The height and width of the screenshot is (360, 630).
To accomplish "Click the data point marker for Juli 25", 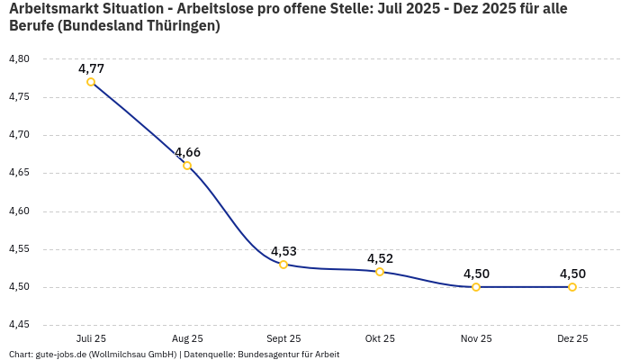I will coord(91,82).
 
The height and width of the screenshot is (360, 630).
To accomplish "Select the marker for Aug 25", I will coord(187,166).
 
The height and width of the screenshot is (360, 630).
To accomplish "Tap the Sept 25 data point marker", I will coord(283,265).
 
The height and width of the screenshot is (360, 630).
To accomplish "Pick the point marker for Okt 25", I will coord(380,272).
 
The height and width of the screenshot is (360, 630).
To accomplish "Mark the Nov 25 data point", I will coord(476,287).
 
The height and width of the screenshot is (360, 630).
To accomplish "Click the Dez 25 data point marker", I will coord(572,287).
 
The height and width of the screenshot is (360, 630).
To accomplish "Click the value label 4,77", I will coord(91,68).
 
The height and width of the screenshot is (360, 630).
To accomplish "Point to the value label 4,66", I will coord(187,152).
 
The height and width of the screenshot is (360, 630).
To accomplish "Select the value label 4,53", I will coord(283,251).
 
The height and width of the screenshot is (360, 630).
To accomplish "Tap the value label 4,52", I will coord(380,258).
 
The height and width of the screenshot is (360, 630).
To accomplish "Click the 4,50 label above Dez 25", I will coord(572,274).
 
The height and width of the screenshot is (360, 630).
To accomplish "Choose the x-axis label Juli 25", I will coord(91,338).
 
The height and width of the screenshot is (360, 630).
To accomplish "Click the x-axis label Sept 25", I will coord(283,338).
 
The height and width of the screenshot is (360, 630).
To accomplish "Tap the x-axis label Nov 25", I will coord(476,338).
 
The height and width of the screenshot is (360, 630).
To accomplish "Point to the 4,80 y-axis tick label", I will coord(18,59).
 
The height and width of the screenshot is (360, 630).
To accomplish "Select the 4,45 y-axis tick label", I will coord(18,325).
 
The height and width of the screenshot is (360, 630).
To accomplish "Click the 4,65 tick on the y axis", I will coord(18,173).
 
